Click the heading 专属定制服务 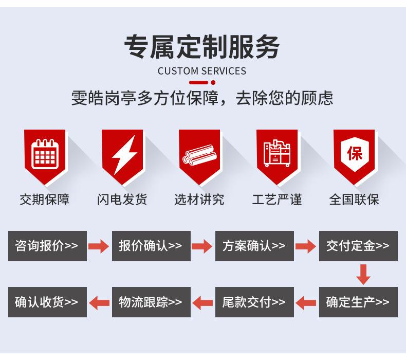point(201,47)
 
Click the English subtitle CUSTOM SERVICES point(201,71)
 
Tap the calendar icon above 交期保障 point(45,154)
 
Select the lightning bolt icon point(124,154)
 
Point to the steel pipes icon point(199,155)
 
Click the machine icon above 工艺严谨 point(277,153)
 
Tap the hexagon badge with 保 point(354,154)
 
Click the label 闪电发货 point(122,200)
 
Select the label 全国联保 point(354,200)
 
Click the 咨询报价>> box point(47,246)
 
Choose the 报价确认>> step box point(151,246)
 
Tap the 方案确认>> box point(254,246)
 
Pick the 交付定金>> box point(358,246)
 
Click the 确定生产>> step point(358,302)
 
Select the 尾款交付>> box point(254,302)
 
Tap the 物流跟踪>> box point(151,302)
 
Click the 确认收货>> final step point(47,302)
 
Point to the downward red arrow point(363,274)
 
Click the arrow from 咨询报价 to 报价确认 point(99,246)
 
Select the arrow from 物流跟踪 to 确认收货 point(99,302)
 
